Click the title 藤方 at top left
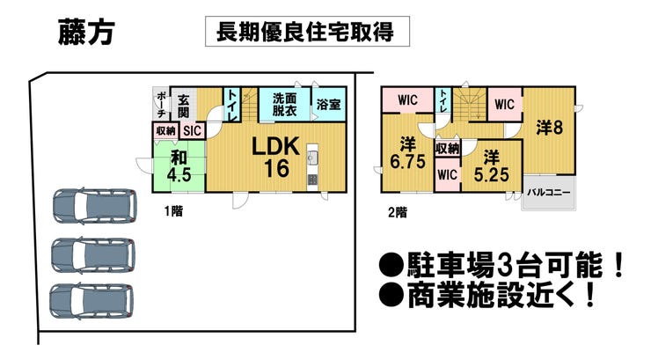(85, 32)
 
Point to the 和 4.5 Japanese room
(179, 165)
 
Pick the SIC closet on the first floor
(193, 130)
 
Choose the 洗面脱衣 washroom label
(284, 106)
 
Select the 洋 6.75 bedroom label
(407, 152)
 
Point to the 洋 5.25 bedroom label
(490, 165)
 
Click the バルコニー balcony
(549, 192)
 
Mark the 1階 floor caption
(173, 210)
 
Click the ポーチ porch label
(161, 106)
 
